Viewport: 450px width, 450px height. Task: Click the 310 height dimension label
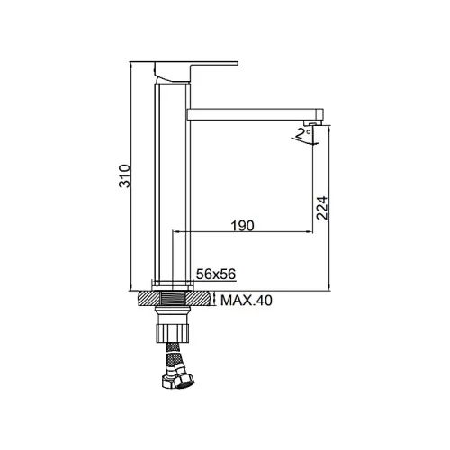click(x=125, y=176)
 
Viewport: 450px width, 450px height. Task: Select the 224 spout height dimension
click(x=322, y=208)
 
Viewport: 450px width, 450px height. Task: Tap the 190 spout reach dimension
click(x=242, y=226)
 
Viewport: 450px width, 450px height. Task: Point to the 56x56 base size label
click(x=216, y=274)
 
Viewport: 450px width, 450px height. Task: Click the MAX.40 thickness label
click(x=247, y=300)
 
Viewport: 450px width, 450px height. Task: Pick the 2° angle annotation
click(x=302, y=133)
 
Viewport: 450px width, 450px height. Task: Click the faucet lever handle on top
click(x=196, y=72)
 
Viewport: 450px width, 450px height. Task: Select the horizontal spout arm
click(x=255, y=114)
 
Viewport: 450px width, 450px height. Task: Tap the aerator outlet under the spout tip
click(x=311, y=123)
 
